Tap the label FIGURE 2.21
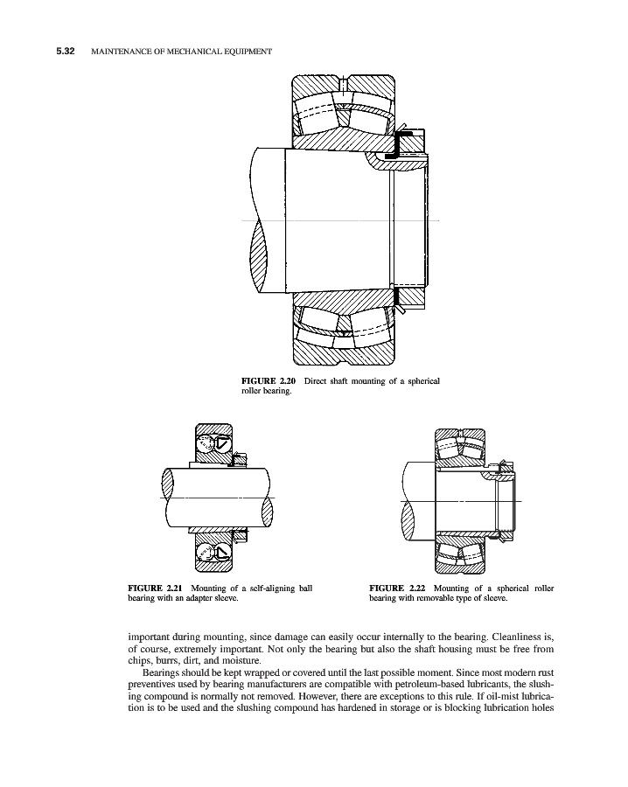[155, 588]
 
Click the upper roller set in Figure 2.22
[461, 447]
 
